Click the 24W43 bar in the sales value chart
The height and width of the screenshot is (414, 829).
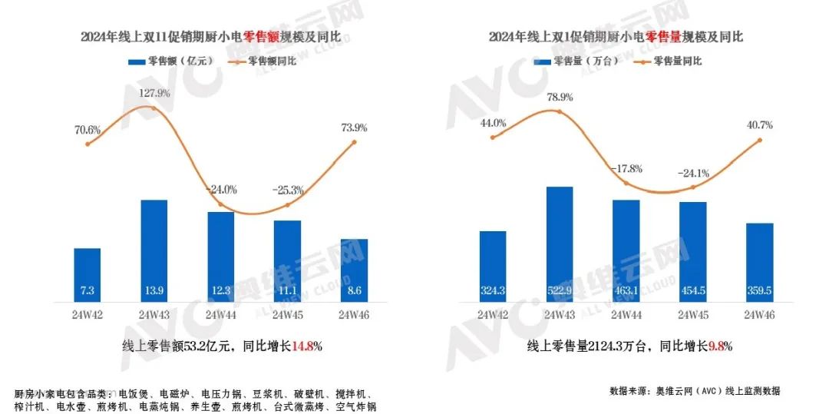coord(154,250)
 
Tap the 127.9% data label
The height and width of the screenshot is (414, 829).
coord(154,94)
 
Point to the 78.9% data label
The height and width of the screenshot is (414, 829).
coord(560,98)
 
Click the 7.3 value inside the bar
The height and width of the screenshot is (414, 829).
coord(88,291)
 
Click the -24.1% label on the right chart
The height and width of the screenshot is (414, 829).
coord(692,173)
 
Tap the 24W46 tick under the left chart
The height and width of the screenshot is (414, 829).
coord(355,315)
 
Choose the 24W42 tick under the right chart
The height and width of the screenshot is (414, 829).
coord(492,315)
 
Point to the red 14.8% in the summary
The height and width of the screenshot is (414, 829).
coord(306,346)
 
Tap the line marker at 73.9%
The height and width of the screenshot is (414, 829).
coord(355,141)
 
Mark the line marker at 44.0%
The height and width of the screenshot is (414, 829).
coord(492,137)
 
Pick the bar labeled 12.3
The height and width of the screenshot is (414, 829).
coord(221,257)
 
